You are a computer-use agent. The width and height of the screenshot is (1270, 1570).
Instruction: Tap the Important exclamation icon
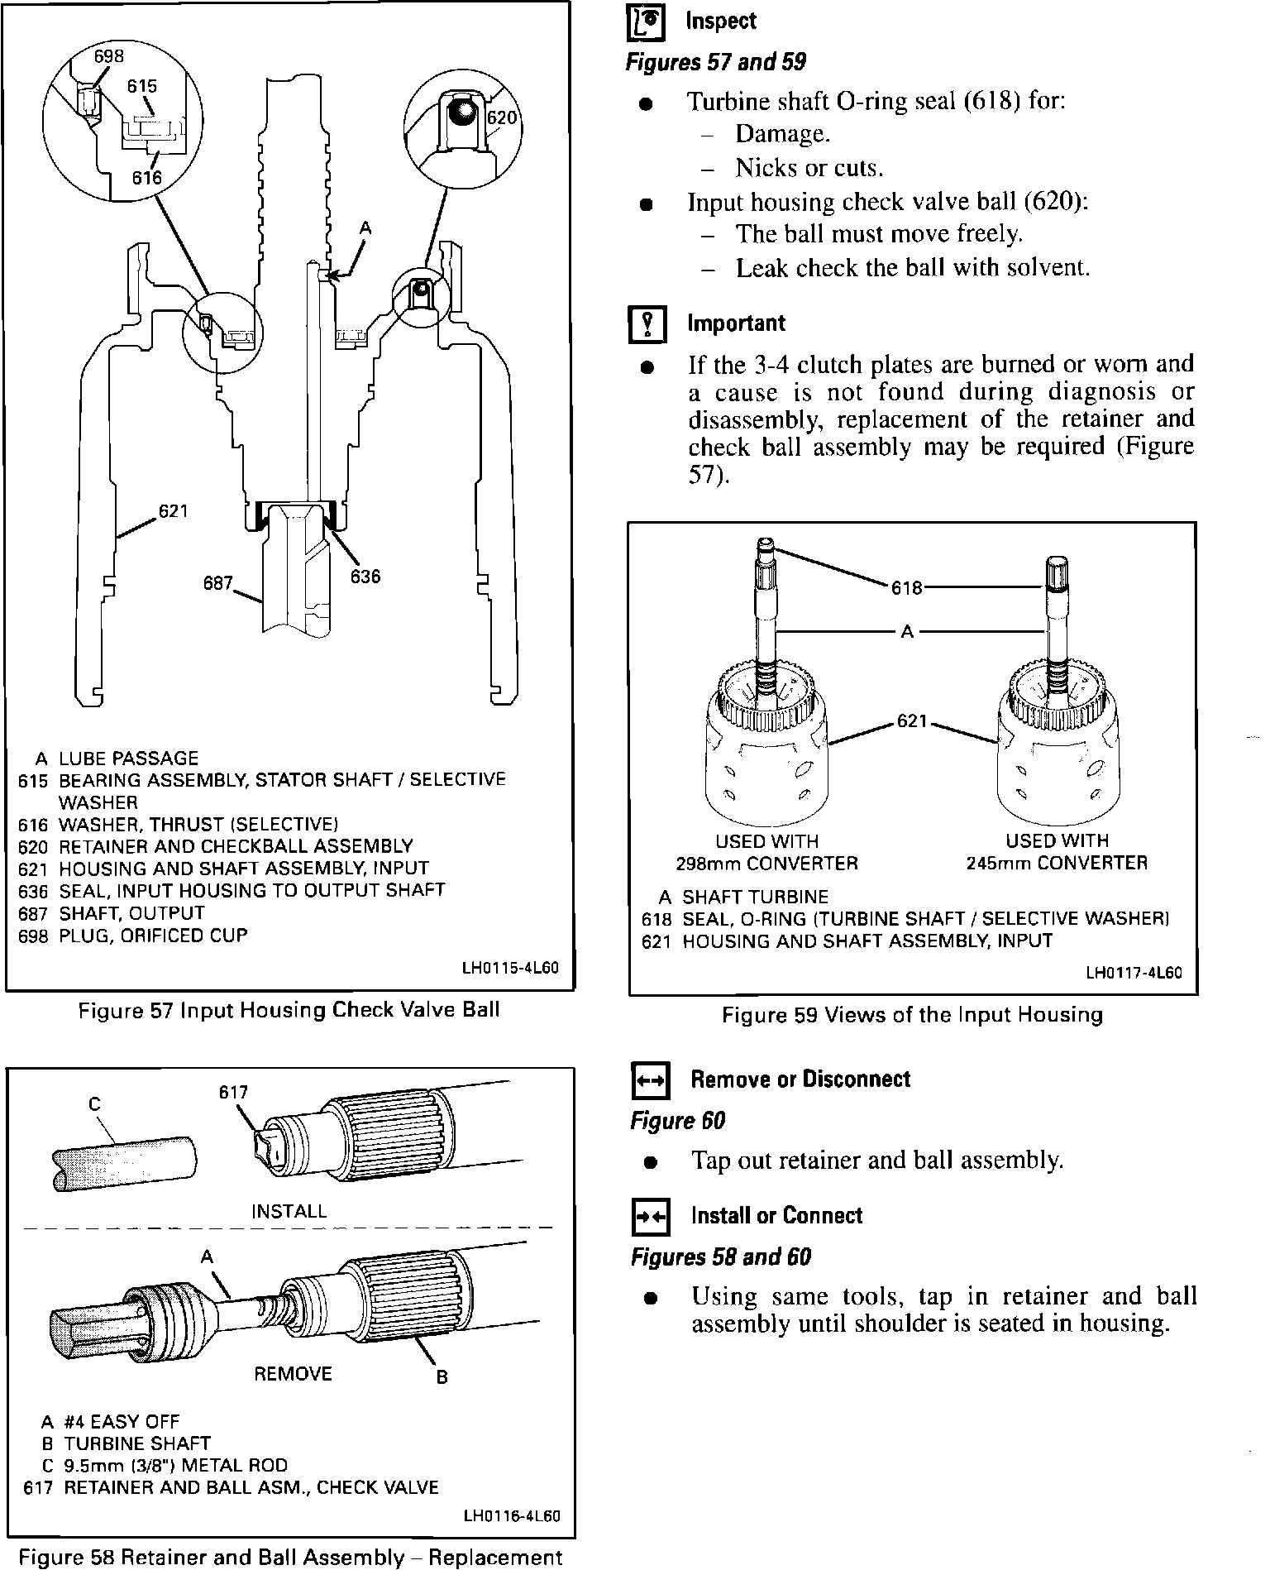coord(647,324)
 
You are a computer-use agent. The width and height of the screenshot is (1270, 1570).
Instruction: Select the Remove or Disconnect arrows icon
coord(650,1081)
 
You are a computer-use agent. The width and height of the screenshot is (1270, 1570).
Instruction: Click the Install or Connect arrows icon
coord(650,1218)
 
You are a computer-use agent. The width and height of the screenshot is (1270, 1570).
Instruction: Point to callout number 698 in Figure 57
coord(108,56)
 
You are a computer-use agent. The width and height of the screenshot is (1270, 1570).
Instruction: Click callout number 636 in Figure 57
coord(365,577)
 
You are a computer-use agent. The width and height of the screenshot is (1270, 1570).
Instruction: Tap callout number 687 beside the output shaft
coord(218,583)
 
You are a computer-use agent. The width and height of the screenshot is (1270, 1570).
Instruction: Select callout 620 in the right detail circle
coord(501,117)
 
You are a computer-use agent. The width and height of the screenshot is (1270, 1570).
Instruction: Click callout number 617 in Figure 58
coord(233,1092)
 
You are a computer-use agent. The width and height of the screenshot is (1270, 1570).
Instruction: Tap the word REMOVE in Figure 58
coord(293,1374)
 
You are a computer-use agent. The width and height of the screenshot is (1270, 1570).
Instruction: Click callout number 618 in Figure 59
coord(907,588)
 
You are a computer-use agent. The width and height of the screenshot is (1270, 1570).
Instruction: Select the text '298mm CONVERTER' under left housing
coord(766,864)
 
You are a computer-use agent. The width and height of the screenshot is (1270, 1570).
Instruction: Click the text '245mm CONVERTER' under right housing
coord(1057,864)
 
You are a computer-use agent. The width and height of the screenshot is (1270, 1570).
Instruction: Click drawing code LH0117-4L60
coord(1134,973)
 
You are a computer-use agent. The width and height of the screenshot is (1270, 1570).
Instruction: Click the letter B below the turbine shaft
coord(442,1377)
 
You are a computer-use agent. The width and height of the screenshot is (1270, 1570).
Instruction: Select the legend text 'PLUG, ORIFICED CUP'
coord(153,936)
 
